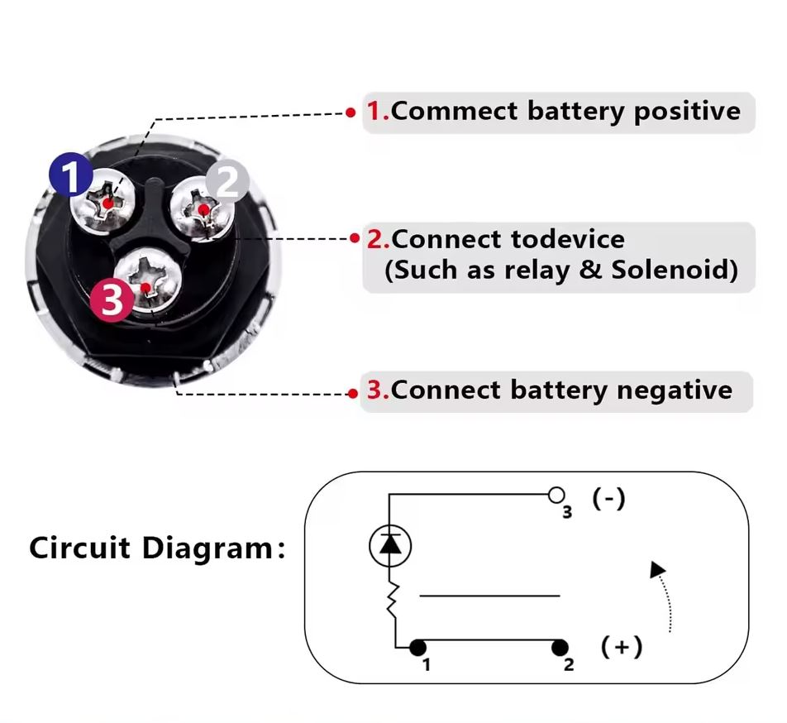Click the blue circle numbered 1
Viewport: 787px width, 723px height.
click(x=71, y=174)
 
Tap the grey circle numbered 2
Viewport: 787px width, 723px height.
click(x=227, y=180)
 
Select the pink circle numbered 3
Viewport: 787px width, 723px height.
click(x=112, y=299)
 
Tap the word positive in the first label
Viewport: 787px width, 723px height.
click(x=687, y=112)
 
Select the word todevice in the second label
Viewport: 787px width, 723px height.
click(x=567, y=240)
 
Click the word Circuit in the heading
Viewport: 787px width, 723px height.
click(x=81, y=548)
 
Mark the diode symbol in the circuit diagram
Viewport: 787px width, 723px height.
click(x=389, y=544)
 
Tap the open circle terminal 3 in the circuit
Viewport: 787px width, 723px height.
click(x=556, y=496)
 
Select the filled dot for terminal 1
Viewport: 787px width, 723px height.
click(x=418, y=647)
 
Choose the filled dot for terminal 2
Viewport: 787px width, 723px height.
click(x=561, y=647)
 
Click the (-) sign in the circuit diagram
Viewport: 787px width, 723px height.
click(x=608, y=499)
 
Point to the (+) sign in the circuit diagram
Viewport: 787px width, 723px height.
click(x=622, y=646)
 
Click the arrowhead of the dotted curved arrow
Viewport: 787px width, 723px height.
click(x=657, y=569)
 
